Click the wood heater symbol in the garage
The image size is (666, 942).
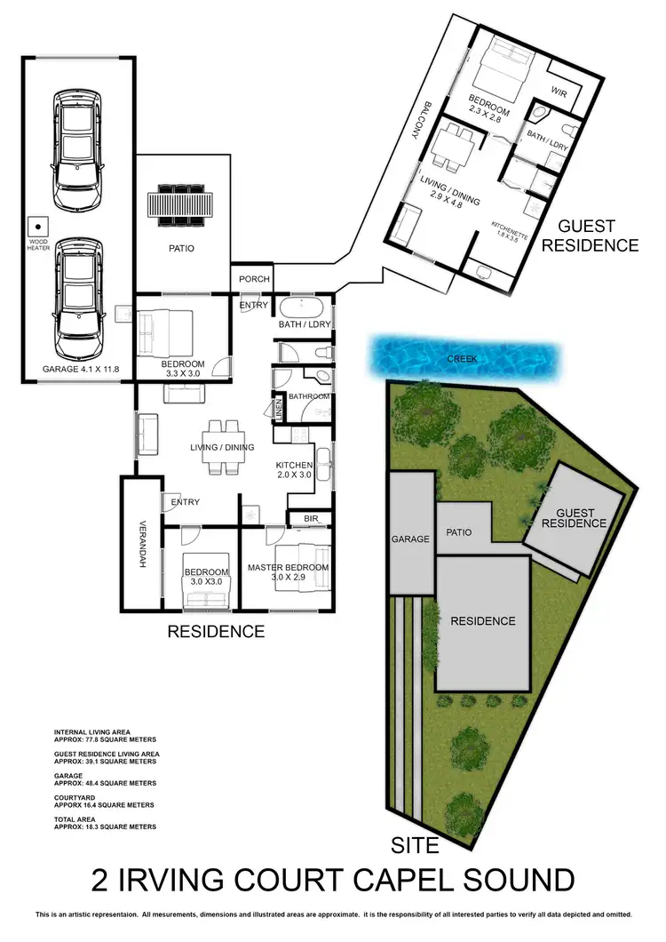[37, 226]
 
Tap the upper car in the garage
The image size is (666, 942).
[77, 147]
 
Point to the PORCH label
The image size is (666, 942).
[255, 279]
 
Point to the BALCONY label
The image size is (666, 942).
[416, 118]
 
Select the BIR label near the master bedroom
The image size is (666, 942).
[311, 517]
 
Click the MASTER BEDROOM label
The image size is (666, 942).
[288, 568]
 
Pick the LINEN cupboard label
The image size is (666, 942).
[280, 411]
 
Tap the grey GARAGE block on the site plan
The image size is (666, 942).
[410, 538]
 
